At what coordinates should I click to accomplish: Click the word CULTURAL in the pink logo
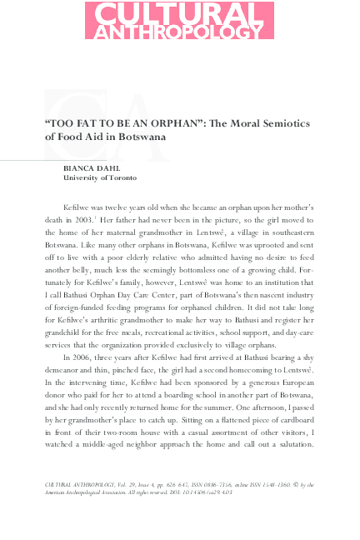coord(179,14)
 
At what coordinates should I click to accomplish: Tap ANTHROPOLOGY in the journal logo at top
coord(179,32)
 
